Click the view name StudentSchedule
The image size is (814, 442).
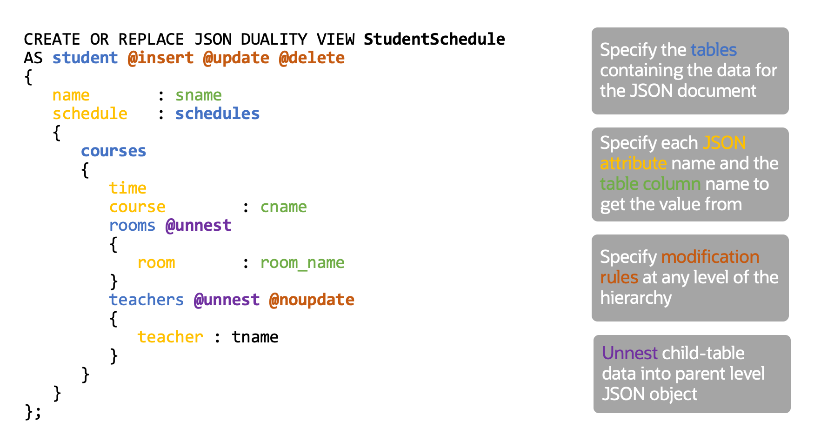pyautogui.click(x=434, y=39)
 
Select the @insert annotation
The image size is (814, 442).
pyautogui.click(x=160, y=58)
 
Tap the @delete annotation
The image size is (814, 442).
pyautogui.click(x=312, y=58)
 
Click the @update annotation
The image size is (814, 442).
pyautogui.click(x=236, y=58)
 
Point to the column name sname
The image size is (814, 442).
pyautogui.click(x=199, y=95)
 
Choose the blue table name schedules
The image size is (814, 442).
pyautogui.click(x=217, y=114)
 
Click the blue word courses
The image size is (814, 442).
pyautogui.click(x=113, y=151)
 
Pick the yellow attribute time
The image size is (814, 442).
pyautogui.click(x=128, y=188)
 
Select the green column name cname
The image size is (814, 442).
pyautogui.click(x=284, y=207)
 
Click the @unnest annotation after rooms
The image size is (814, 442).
pyautogui.click(x=199, y=225)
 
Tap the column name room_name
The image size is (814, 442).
pyautogui.click(x=302, y=263)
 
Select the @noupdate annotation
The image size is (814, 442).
pyautogui.click(x=312, y=300)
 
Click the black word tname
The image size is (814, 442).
pyautogui.click(x=255, y=337)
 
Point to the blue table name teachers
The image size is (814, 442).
pyautogui.click(x=147, y=300)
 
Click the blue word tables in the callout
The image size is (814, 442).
pyautogui.click(x=714, y=50)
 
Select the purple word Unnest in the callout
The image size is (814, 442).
pyautogui.click(x=630, y=353)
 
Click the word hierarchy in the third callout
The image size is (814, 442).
pyautogui.click(x=636, y=298)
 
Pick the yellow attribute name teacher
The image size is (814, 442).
pyautogui.click(x=170, y=337)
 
